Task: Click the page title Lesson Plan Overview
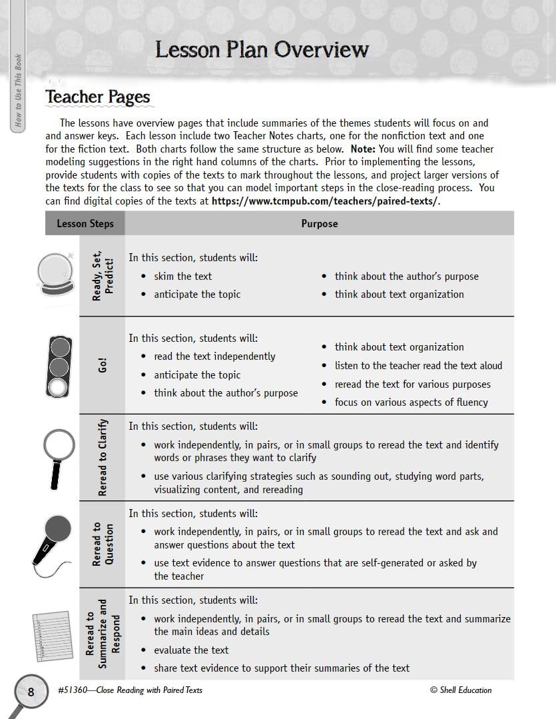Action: (262, 49)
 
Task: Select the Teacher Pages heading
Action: (98, 97)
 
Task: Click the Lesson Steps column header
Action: (85, 224)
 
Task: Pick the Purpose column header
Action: (319, 224)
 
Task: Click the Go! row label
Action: (103, 366)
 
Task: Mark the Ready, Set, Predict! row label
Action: (103, 275)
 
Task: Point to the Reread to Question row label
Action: (103, 544)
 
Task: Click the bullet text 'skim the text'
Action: (183, 276)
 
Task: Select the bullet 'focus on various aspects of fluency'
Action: (411, 402)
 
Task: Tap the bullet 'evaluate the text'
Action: (191, 650)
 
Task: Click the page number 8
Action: (31, 692)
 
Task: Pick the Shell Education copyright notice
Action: (461, 690)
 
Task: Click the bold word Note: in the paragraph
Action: (364, 149)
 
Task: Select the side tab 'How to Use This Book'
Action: (18, 90)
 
